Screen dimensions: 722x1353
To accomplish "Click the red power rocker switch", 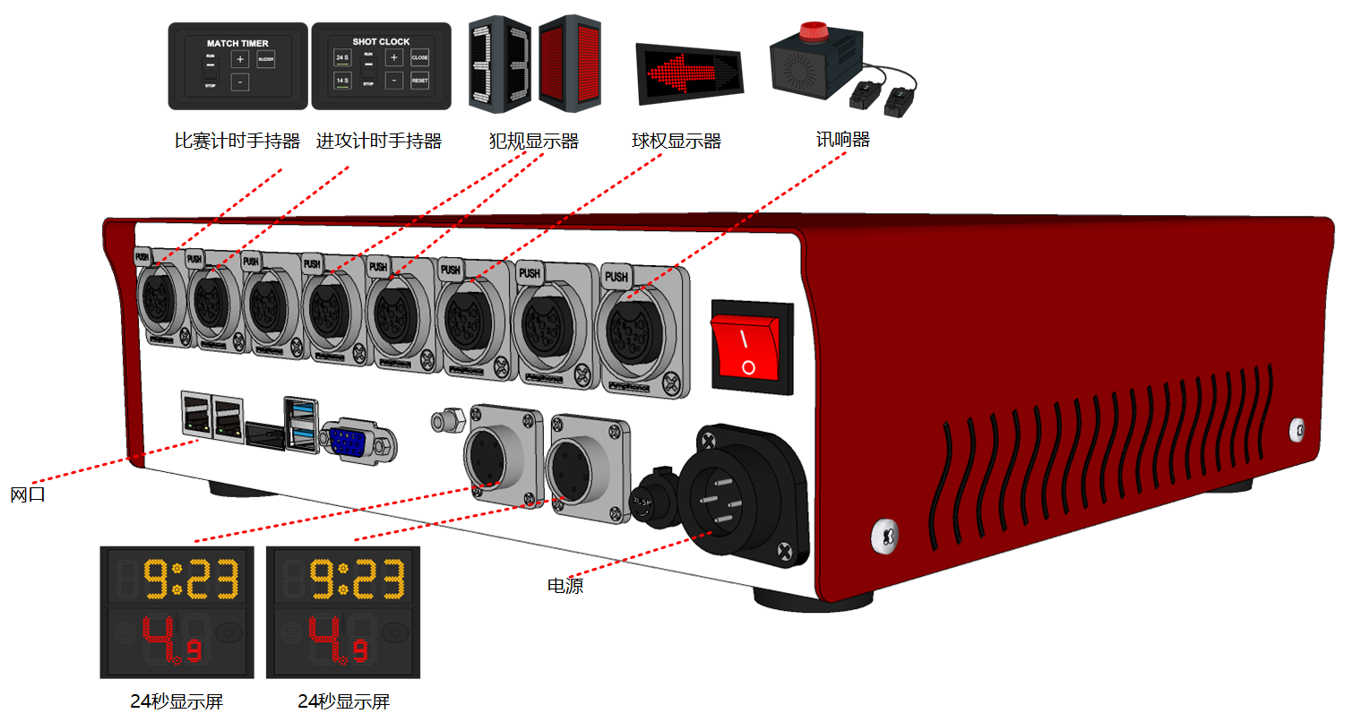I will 750,349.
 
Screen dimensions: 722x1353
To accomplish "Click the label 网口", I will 27,494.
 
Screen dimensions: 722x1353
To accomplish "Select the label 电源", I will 565,586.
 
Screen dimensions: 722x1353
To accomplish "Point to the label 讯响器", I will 842,140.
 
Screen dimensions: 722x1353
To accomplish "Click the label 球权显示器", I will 676,141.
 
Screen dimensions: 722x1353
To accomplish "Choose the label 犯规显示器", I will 533,141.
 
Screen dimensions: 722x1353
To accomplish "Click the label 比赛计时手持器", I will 237,141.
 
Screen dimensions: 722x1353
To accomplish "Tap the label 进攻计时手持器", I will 379,141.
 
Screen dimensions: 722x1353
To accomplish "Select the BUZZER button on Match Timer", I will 265,59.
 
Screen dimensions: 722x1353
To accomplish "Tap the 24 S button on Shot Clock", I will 342,57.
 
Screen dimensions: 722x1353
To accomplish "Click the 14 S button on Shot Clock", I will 342,81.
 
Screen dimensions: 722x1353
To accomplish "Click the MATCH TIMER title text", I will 237,43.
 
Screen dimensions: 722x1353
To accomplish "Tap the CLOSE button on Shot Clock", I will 419,57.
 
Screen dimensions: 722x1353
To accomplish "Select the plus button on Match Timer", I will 240,59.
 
